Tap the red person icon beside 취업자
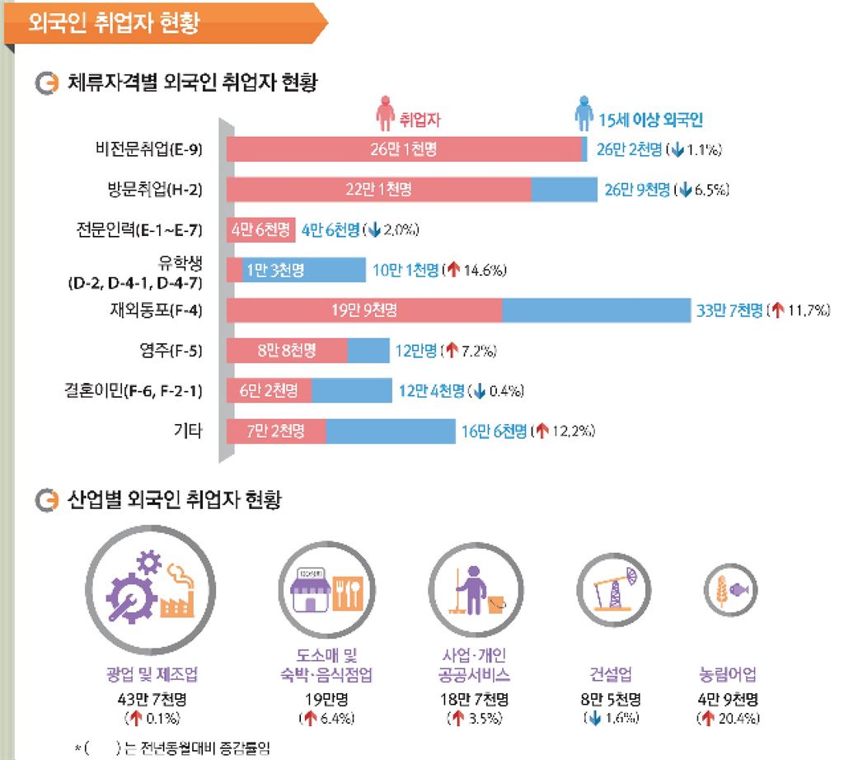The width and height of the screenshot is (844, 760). tap(384, 115)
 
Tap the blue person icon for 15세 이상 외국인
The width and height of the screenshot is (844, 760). tap(584, 115)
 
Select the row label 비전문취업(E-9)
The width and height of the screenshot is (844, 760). tap(149, 149)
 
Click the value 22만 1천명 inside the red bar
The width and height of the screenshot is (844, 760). tap(378, 190)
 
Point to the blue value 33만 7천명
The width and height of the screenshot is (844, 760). tap(729, 311)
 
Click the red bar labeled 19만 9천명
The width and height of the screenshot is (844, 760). tap(363, 311)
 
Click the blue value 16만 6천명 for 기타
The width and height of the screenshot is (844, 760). tap(493, 431)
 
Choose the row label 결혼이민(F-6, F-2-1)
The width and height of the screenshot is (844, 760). tap(134, 391)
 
